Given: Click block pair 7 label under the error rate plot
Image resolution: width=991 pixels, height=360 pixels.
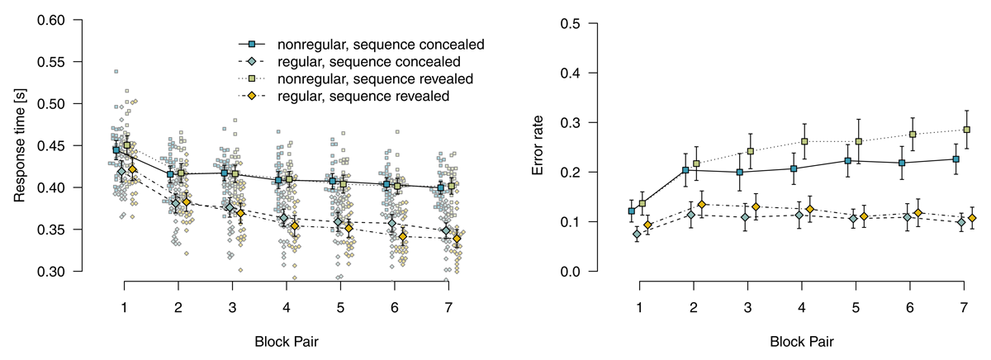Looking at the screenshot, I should (x=963, y=307).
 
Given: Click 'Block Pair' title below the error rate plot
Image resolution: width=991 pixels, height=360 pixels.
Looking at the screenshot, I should (x=801, y=339).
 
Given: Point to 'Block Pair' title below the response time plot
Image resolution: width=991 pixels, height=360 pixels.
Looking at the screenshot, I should (x=287, y=339).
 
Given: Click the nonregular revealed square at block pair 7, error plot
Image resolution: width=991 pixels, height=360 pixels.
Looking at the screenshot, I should (x=967, y=130).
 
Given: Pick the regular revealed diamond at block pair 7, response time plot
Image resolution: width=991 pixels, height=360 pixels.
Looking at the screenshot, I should (x=457, y=239).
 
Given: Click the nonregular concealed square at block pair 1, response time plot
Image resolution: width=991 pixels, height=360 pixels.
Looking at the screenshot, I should (x=117, y=150).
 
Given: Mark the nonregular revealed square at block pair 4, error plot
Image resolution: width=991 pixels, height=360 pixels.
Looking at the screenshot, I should (x=804, y=141).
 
